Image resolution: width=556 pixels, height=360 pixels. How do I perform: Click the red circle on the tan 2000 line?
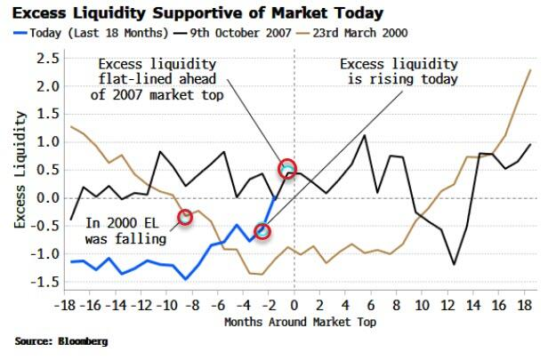tap(185, 216)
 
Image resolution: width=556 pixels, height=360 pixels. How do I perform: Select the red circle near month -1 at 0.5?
tap(286, 168)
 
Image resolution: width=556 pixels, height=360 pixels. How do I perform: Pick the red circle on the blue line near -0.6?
tap(262, 231)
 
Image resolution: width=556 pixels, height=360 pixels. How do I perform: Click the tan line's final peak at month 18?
tap(532, 70)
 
